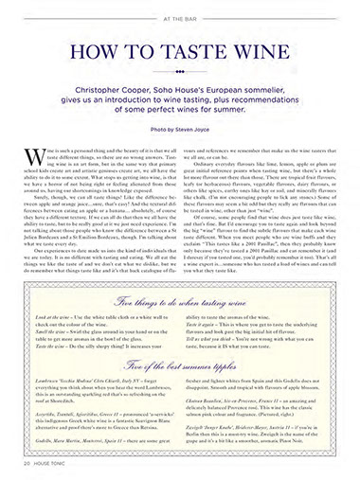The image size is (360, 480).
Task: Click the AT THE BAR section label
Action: click(179, 17)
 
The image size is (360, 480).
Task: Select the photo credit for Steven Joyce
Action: click(179, 124)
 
